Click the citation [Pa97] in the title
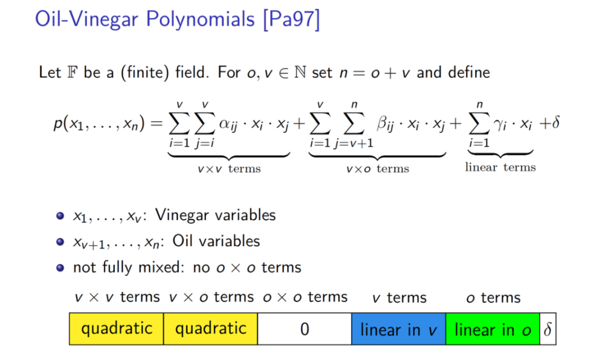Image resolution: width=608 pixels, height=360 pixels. pyautogui.click(x=292, y=19)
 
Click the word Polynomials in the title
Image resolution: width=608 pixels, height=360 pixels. pyautogui.click(x=200, y=19)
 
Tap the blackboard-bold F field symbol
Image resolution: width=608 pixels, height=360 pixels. pyautogui.click(x=72, y=73)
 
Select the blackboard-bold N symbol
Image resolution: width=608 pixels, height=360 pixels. pyautogui.click(x=300, y=73)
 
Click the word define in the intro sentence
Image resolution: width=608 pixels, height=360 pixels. pyautogui.click(x=469, y=73)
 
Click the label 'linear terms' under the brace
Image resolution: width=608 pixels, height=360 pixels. pyautogui.click(x=500, y=167)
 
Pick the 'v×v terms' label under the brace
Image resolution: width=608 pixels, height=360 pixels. pyautogui.click(x=229, y=169)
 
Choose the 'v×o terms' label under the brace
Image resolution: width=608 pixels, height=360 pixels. pyautogui.click(x=378, y=169)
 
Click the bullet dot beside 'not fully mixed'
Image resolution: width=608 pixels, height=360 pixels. pyautogui.click(x=60, y=268)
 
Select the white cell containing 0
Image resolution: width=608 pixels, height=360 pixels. pyautogui.click(x=305, y=329)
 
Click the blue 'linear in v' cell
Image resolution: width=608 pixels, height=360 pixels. pyautogui.click(x=399, y=329)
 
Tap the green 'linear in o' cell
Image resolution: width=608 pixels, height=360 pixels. pyautogui.click(x=493, y=329)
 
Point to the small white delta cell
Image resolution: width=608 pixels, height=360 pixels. pyautogui.click(x=548, y=329)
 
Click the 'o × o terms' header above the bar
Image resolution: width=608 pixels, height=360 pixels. pyautogui.click(x=305, y=297)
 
